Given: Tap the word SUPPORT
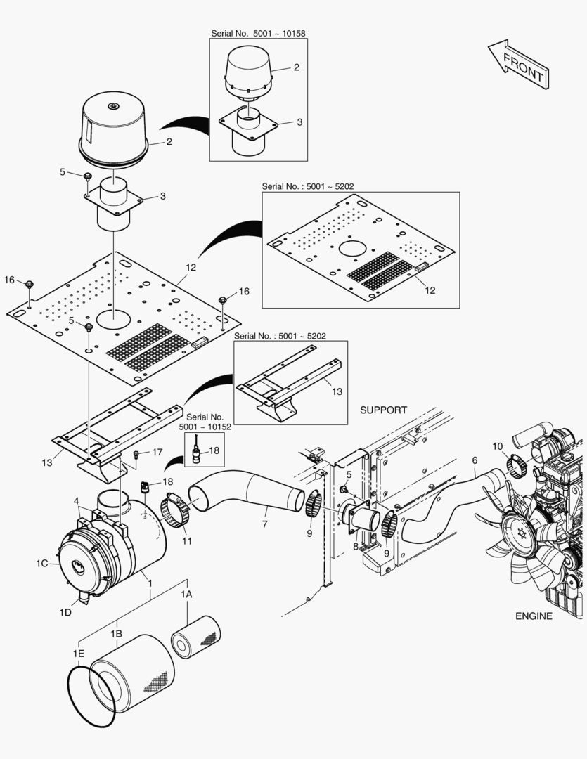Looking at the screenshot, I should [383, 410].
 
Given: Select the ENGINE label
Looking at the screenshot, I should [534, 616].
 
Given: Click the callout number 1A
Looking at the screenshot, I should [186, 595].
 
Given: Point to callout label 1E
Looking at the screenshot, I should [79, 653].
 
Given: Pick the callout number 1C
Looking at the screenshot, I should [42, 563].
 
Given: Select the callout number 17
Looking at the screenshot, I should [157, 453].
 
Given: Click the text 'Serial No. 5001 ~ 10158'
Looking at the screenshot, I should [258, 33].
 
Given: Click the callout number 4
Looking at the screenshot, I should [76, 500].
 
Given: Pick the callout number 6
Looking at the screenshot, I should [475, 460].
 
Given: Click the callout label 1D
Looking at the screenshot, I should [65, 612].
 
